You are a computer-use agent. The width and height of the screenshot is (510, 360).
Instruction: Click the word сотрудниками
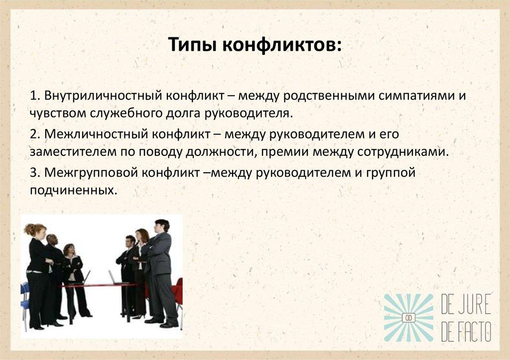coord(404,152)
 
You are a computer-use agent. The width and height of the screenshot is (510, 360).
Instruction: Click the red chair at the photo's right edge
coord(178,294)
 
